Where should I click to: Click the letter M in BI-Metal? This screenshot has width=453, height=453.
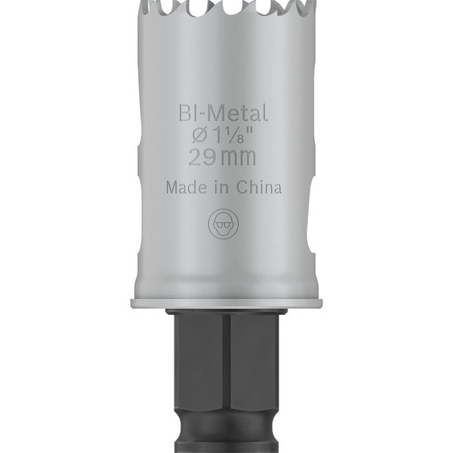tap(217, 115)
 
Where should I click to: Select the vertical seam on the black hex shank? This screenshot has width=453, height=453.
tap(226, 362)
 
